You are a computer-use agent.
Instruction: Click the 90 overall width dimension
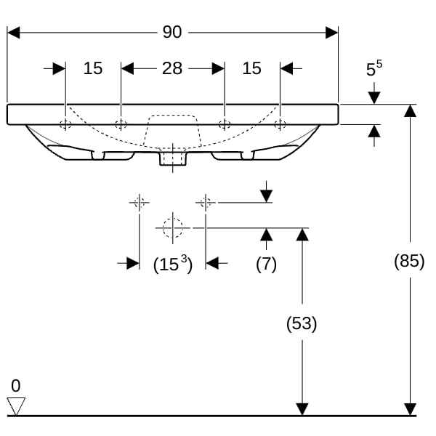pyautogui.click(x=172, y=32)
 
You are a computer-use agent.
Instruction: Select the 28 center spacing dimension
pyautogui.click(x=172, y=68)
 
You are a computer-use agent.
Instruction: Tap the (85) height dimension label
pyautogui.click(x=409, y=261)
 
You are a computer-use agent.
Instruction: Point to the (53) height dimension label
pyautogui.click(x=302, y=323)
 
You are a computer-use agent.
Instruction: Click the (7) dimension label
pyautogui.click(x=266, y=264)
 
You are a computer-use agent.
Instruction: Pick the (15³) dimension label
pyautogui.click(x=173, y=264)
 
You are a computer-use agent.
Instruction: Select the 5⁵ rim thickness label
pyautogui.click(x=374, y=68)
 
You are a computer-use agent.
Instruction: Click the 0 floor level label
pyautogui.click(x=15, y=386)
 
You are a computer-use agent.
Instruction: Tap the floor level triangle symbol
pyautogui.click(x=16, y=406)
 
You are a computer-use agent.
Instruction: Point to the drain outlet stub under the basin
pyautogui.click(x=173, y=158)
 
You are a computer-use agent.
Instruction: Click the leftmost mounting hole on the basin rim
pyautogui.click(x=65, y=124)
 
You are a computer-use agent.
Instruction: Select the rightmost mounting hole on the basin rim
pyautogui.click(x=280, y=124)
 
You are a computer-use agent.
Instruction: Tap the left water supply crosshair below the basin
pyautogui.click(x=139, y=203)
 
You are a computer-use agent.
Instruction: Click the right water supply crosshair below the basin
pyautogui.click(x=206, y=203)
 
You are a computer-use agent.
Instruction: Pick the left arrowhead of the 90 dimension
pyautogui.click(x=13, y=33)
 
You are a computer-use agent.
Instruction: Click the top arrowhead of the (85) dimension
pyautogui.click(x=410, y=110)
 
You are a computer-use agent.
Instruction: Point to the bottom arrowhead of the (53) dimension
pyautogui.click(x=302, y=409)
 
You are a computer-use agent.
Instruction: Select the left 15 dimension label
pyautogui.click(x=93, y=68)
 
